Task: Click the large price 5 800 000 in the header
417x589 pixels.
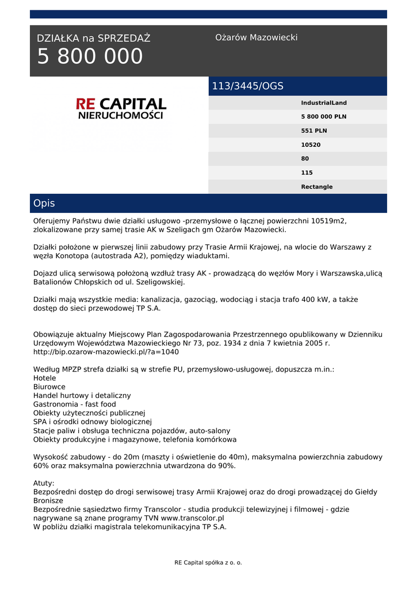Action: [90, 57]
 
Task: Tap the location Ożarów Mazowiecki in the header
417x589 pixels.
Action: [256, 37]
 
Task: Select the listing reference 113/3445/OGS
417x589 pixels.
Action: [248, 86]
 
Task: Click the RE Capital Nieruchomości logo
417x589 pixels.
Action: [121, 108]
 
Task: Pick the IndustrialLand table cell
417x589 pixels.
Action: [324, 103]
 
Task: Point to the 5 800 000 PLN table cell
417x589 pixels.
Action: [323, 117]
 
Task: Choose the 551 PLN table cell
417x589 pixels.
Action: [313, 131]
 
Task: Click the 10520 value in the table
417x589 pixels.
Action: [311, 145]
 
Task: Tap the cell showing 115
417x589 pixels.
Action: [307, 173]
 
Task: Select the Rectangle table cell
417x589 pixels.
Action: [316, 187]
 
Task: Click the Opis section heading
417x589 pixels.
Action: [44, 204]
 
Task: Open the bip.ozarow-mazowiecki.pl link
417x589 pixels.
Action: [106, 351]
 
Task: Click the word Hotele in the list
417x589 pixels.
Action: [45, 378]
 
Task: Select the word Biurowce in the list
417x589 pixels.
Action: [49, 387]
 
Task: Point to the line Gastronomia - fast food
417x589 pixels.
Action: [75, 404]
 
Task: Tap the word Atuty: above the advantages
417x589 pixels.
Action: [44, 483]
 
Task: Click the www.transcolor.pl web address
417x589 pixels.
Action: [192, 518]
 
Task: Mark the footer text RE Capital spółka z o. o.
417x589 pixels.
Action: [208, 563]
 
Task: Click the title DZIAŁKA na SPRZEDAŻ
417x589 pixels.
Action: [93, 39]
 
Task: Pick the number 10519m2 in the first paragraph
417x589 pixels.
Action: [329, 221]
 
